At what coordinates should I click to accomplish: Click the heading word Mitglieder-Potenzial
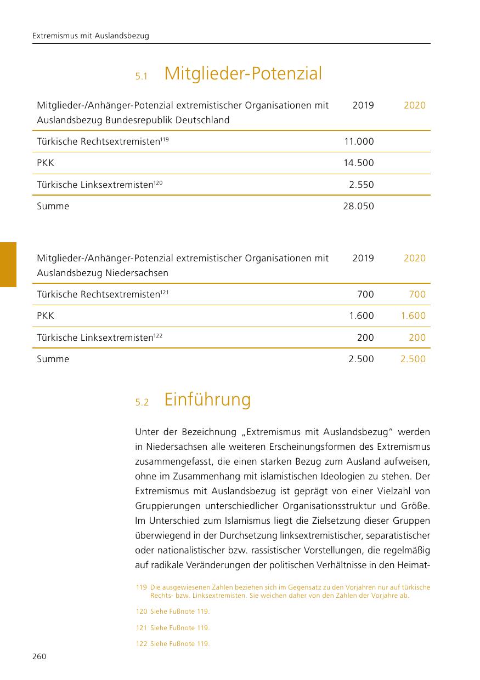tap(243, 73)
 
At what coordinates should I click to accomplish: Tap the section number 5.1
tap(142, 77)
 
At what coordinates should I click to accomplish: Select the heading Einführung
tap(207, 399)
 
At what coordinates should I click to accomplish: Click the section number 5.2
tap(142, 403)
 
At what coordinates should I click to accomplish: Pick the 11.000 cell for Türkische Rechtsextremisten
tap(359, 141)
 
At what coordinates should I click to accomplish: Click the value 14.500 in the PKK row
tap(359, 163)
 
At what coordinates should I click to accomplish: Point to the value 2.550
tap(362, 185)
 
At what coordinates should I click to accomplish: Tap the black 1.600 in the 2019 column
tap(362, 316)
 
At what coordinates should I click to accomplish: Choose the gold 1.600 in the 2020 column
tap(413, 316)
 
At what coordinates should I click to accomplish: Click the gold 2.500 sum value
tap(413, 359)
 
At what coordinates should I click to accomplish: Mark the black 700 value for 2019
tap(365, 294)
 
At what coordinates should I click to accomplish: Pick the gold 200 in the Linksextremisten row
tap(417, 338)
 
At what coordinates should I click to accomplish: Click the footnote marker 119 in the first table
tap(165, 139)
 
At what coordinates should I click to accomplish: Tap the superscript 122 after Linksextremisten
tap(158, 335)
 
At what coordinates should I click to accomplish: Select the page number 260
tap(39, 656)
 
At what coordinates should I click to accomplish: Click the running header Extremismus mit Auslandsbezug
tap(91, 36)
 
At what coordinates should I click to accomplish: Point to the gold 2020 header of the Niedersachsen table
tap(414, 258)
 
